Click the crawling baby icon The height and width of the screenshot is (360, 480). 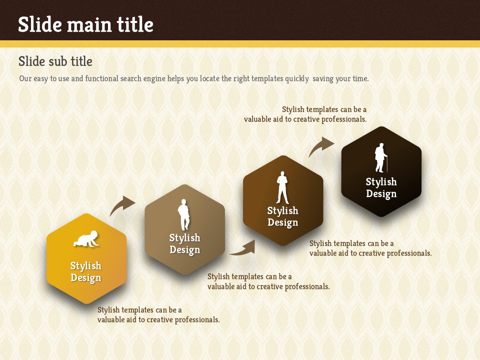click(x=86, y=239)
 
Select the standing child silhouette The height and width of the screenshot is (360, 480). click(x=183, y=214)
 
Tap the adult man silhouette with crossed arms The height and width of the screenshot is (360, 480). click(x=282, y=187)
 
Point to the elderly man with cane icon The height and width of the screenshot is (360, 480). click(x=381, y=157)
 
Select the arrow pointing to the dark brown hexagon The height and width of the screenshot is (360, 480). click(x=243, y=248)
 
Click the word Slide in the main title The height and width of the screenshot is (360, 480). click(x=40, y=24)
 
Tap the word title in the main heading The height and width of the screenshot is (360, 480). click(x=135, y=24)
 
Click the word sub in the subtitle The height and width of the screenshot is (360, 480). click(x=55, y=61)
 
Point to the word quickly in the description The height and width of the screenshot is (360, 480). click(x=296, y=78)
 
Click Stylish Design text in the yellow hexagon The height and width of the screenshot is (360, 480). click(x=85, y=272)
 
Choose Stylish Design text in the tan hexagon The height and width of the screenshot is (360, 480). click(x=184, y=244)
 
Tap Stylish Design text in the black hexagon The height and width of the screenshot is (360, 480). click(x=381, y=187)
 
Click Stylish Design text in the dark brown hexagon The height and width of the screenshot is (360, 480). click(x=282, y=216)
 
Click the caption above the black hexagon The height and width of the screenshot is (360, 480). click(x=305, y=114)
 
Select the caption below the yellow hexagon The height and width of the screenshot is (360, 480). click(x=158, y=314)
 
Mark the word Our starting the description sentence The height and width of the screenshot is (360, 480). click(x=25, y=78)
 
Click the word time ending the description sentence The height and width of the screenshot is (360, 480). click(x=360, y=78)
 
